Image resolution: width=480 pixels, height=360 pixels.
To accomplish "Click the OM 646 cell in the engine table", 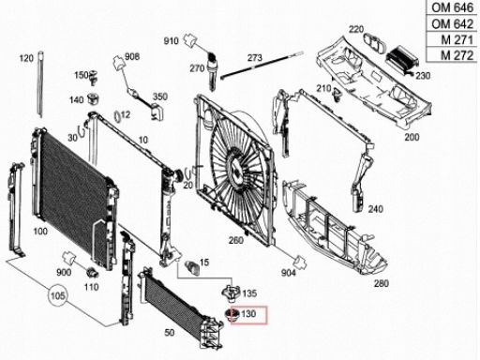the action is [452, 7].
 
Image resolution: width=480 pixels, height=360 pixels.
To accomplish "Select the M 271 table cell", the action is [452, 39].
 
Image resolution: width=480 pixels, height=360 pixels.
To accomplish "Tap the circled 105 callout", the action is [58, 295].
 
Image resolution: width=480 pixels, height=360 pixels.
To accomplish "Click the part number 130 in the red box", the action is [248, 314].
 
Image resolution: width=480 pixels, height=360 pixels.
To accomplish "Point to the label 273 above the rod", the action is [255, 58].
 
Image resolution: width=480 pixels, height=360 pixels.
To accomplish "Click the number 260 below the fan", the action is [236, 240].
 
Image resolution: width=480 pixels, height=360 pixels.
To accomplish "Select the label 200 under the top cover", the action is [412, 137].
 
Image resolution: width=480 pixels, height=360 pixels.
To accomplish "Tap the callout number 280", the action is [382, 283].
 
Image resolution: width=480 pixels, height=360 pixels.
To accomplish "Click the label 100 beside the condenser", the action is [40, 232].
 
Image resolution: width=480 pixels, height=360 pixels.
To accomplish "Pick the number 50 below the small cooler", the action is [170, 333].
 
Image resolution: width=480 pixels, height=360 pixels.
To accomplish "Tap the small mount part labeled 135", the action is [231, 293].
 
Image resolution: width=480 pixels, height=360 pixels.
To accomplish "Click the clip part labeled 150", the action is [93, 77].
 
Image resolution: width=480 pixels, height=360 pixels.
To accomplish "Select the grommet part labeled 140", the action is [93, 98].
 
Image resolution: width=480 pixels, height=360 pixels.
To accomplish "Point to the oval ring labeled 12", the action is [117, 117].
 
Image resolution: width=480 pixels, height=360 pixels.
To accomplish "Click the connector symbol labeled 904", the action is [300, 262].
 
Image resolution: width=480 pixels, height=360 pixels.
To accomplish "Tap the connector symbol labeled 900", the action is [68, 258].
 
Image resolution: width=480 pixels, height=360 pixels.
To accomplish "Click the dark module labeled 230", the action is [401, 60].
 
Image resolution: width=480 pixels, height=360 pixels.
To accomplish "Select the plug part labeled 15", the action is [192, 267].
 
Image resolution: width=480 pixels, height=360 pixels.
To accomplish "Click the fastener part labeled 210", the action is [337, 95].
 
